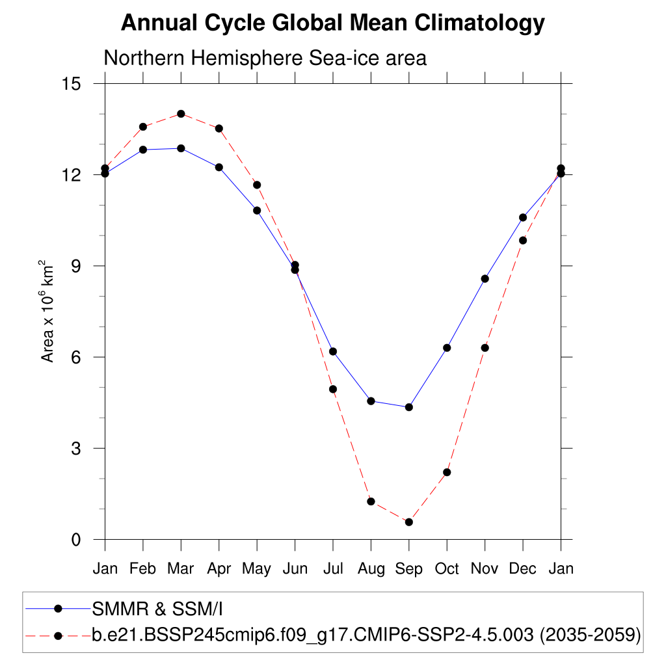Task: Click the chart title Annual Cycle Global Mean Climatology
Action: coord(332,23)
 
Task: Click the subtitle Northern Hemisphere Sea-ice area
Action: coord(265,58)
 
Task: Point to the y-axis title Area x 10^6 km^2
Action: coord(47,311)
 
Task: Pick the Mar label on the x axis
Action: coord(181,568)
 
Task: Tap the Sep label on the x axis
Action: coord(408,568)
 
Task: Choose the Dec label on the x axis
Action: coord(522,568)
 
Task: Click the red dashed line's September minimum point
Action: coord(409,522)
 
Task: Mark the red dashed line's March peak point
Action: coord(181,114)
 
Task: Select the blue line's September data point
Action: coord(409,407)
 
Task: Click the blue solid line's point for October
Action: coord(447,348)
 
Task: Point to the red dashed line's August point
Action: coord(371,501)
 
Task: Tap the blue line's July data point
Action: coord(333,351)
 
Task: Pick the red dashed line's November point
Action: coord(485,348)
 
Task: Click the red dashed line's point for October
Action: coord(447,472)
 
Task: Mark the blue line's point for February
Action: coord(143,150)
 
